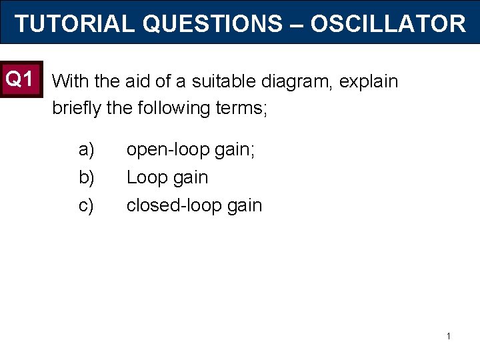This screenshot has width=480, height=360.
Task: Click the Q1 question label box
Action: pyautogui.click(x=20, y=79)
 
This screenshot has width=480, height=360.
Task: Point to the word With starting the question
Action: pyautogui.click(x=71, y=82)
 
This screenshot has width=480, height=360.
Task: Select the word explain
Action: pyautogui.click(x=369, y=82)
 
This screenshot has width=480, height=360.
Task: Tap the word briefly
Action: pyautogui.click(x=75, y=107)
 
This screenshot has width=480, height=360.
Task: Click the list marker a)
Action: pyautogui.click(x=87, y=150)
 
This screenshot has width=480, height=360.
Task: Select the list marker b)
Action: pyautogui.click(x=87, y=178)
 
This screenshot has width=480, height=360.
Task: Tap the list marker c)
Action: pyautogui.click(x=87, y=206)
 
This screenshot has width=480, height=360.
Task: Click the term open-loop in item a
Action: pyautogui.click(x=167, y=150)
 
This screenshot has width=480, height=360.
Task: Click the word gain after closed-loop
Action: pyautogui.click(x=245, y=206)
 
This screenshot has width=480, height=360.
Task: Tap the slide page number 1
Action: pyautogui.click(x=449, y=336)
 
